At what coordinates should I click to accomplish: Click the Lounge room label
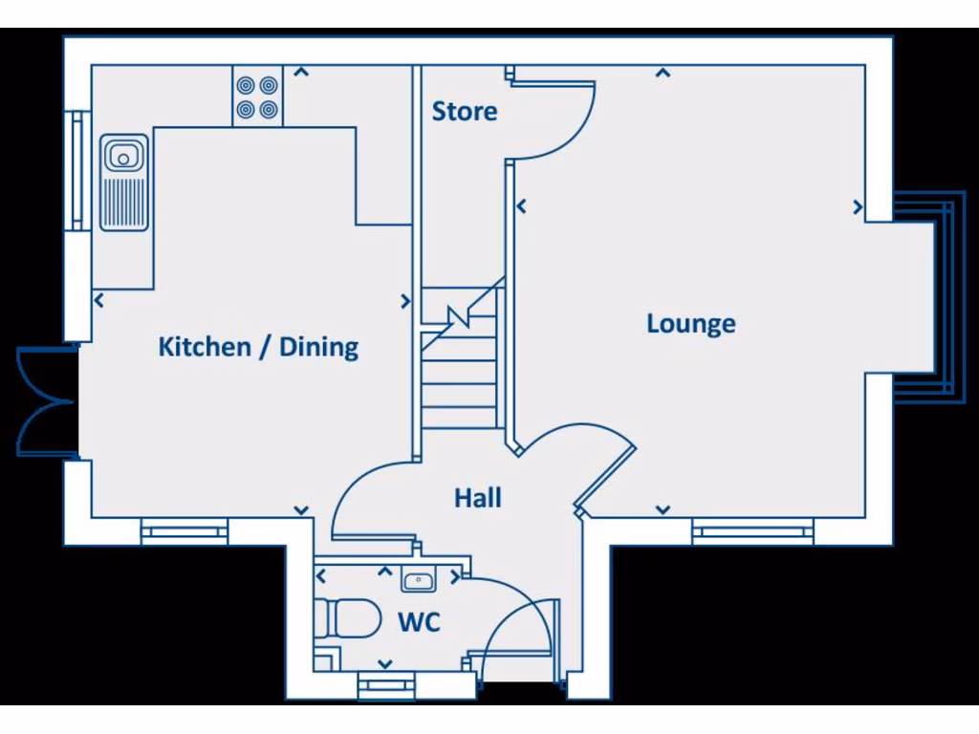click(x=691, y=324)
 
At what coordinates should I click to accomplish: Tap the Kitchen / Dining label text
click(x=258, y=346)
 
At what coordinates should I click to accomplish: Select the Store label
click(x=465, y=112)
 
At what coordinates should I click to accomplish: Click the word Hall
click(x=478, y=497)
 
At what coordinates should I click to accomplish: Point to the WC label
click(x=419, y=623)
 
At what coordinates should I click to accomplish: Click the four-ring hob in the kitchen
click(x=257, y=97)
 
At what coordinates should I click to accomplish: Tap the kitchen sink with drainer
click(x=124, y=182)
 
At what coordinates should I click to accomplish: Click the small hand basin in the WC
click(x=419, y=579)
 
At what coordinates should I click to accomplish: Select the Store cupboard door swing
click(x=559, y=119)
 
